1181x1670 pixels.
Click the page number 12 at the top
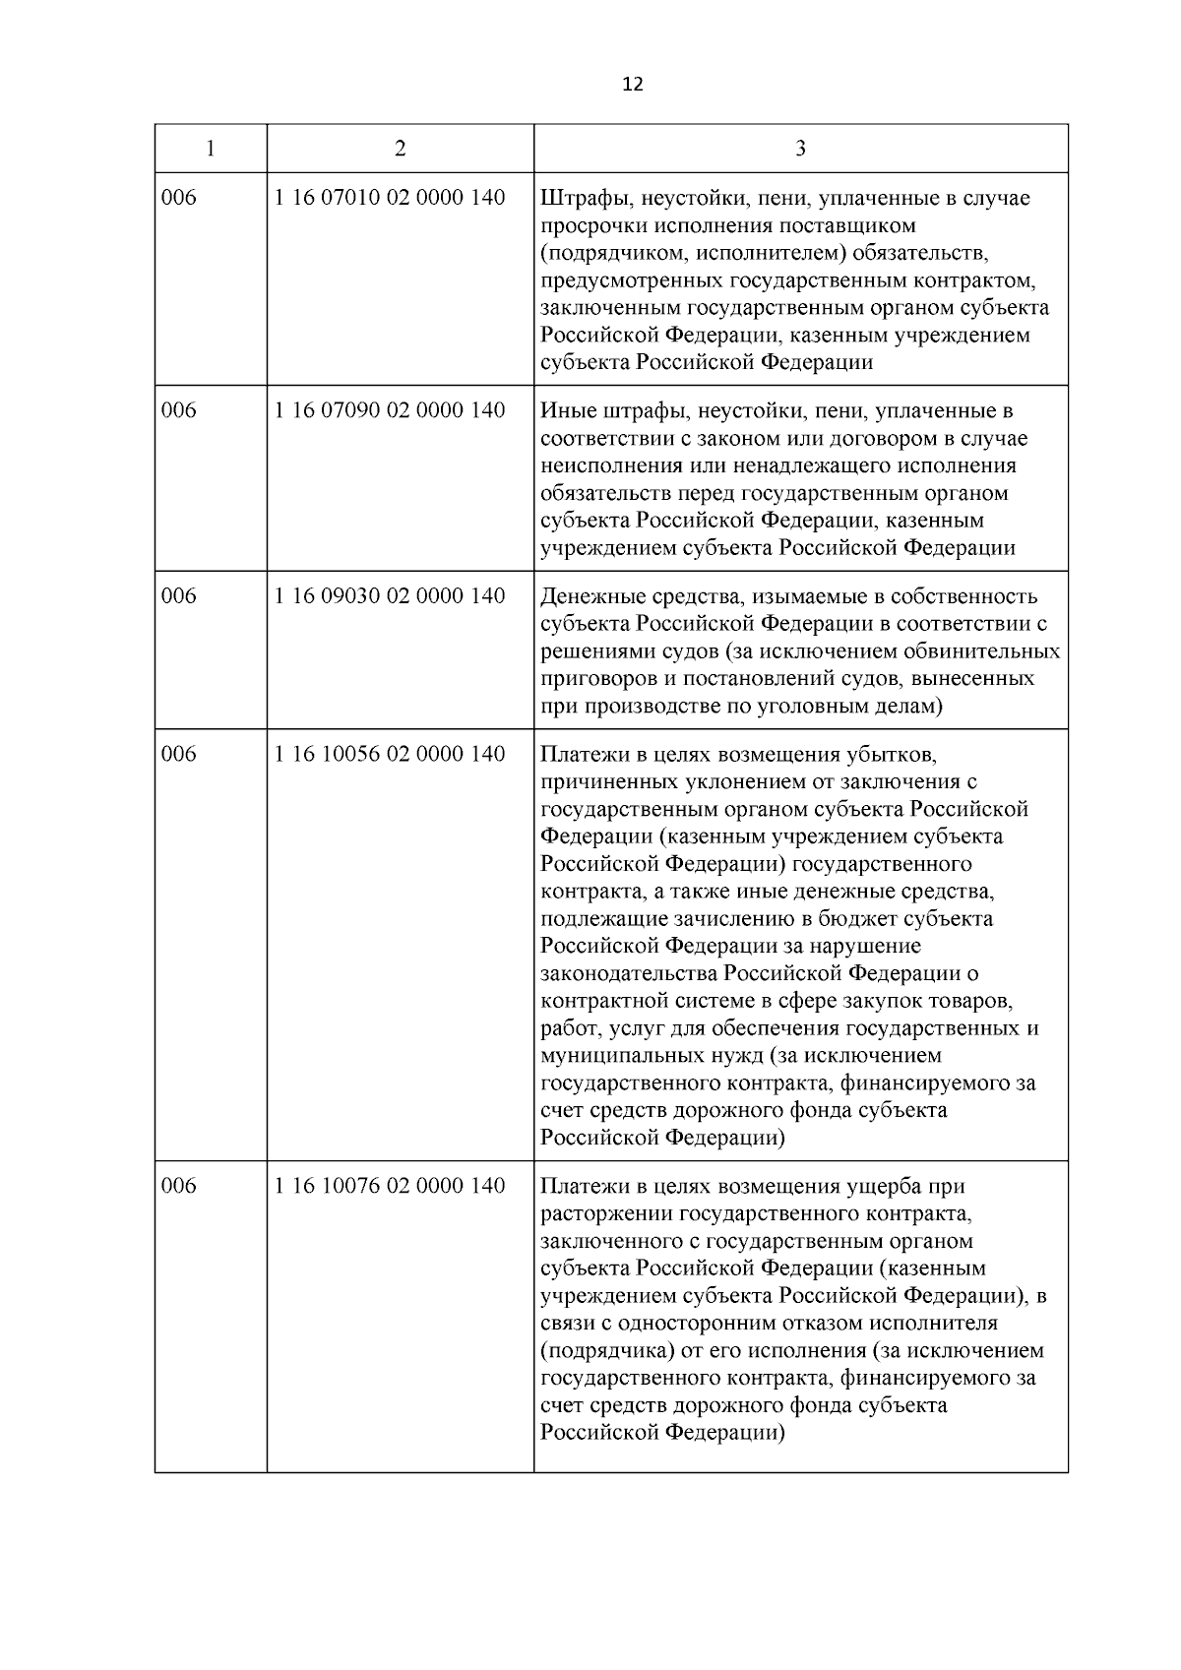point(633,85)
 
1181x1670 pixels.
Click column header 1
point(211,149)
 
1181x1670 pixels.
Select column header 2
point(400,149)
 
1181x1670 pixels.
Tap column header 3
point(800,149)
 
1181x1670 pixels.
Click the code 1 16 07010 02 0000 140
point(391,198)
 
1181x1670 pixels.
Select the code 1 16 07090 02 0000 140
point(391,410)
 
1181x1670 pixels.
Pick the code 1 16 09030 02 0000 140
point(391,596)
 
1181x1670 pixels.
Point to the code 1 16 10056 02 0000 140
point(391,755)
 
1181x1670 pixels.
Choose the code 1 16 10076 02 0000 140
point(391,1186)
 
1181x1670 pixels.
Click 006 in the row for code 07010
point(179,198)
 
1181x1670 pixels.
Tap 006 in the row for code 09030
point(179,596)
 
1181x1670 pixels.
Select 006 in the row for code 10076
point(179,1186)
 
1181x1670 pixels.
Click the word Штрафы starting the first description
point(576,199)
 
